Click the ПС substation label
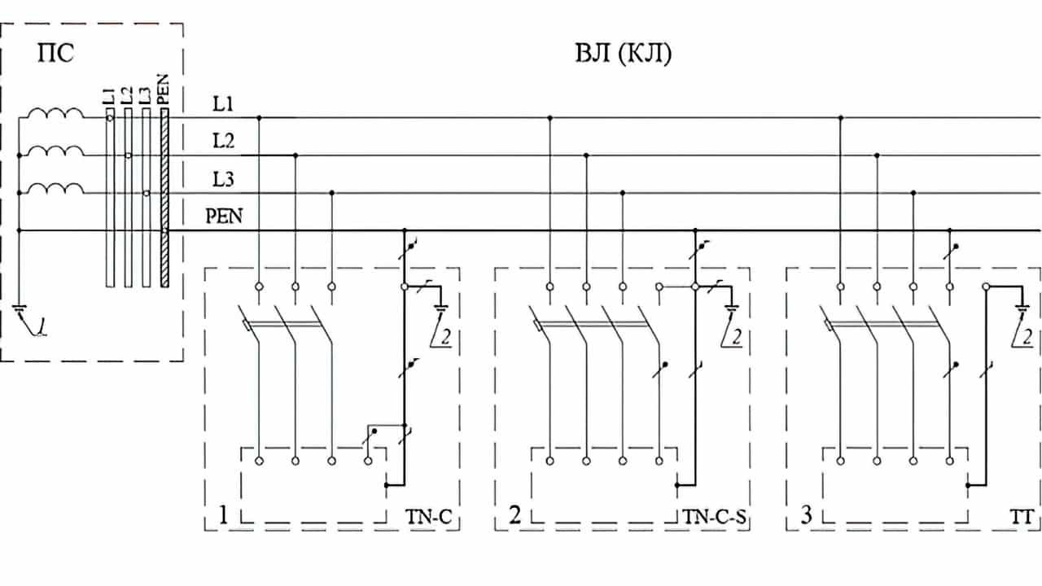coord(56,55)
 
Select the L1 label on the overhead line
coord(224,105)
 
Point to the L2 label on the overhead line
coord(224,142)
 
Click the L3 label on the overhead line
coord(224,179)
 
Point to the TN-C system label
coord(425,516)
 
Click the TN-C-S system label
coord(715,516)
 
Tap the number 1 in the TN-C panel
coord(222,515)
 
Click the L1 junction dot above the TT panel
coord(840,118)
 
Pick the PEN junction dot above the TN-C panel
coord(405,230)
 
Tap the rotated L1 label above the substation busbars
coord(108,95)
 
